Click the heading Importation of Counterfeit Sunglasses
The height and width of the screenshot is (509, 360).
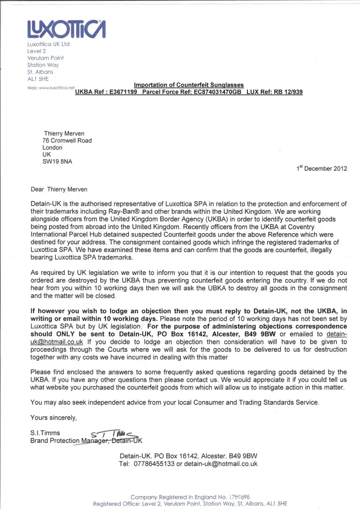(x=188, y=85)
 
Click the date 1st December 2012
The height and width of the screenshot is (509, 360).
(x=322, y=169)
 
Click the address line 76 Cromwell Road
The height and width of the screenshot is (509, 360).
(x=68, y=140)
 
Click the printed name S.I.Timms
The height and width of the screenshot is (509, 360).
(x=45, y=433)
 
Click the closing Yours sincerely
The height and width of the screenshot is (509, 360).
(x=54, y=418)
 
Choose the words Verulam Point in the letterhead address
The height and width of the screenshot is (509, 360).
(x=45, y=58)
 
